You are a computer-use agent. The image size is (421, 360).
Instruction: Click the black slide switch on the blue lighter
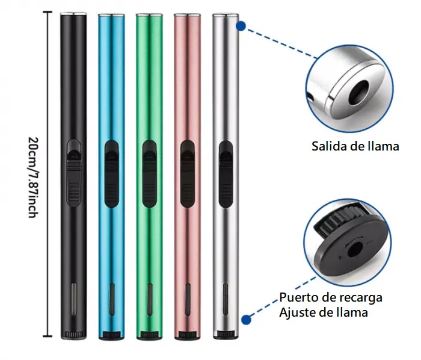[111, 174]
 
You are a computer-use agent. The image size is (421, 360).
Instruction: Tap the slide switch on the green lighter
[149, 174]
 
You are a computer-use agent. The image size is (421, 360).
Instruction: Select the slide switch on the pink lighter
[188, 174]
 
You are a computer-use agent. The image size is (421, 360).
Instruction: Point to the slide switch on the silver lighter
[226, 174]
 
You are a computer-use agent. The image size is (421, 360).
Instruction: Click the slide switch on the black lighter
[73, 173]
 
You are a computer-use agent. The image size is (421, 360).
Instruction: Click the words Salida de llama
[355, 146]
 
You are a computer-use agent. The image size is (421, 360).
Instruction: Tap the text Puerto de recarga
[331, 297]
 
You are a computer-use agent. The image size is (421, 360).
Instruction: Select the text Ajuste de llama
[324, 312]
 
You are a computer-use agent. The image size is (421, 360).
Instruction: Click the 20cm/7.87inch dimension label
[33, 178]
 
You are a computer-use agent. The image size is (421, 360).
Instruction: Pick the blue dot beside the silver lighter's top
[241, 26]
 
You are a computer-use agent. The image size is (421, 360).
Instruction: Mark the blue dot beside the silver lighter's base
[246, 320]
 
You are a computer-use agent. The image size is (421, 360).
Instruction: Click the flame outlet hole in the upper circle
[358, 92]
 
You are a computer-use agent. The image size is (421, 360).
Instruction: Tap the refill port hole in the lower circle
[355, 249]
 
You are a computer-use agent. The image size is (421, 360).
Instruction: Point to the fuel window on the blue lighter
[112, 300]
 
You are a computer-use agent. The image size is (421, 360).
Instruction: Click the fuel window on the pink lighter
[188, 300]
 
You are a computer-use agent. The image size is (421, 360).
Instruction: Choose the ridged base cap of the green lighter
[149, 335]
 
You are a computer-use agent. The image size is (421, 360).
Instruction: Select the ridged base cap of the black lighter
[73, 335]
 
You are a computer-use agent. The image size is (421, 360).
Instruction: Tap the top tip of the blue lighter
[111, 15]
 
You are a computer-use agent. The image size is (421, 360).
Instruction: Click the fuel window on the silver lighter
[226, 300]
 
